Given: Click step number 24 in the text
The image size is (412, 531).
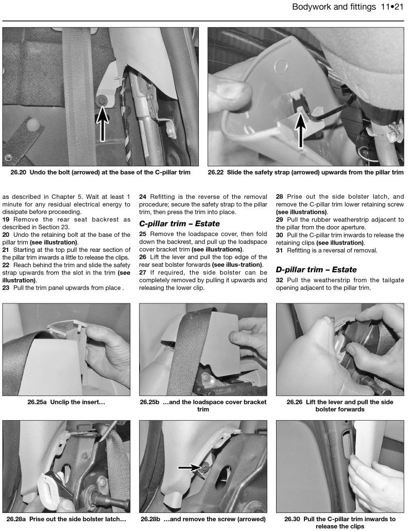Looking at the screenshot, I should [143, 196].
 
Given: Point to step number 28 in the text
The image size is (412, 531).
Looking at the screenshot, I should [280, 196].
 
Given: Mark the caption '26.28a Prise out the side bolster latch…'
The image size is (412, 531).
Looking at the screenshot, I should [65, 519].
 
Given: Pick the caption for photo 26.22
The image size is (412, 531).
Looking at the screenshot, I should [306, 172].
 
